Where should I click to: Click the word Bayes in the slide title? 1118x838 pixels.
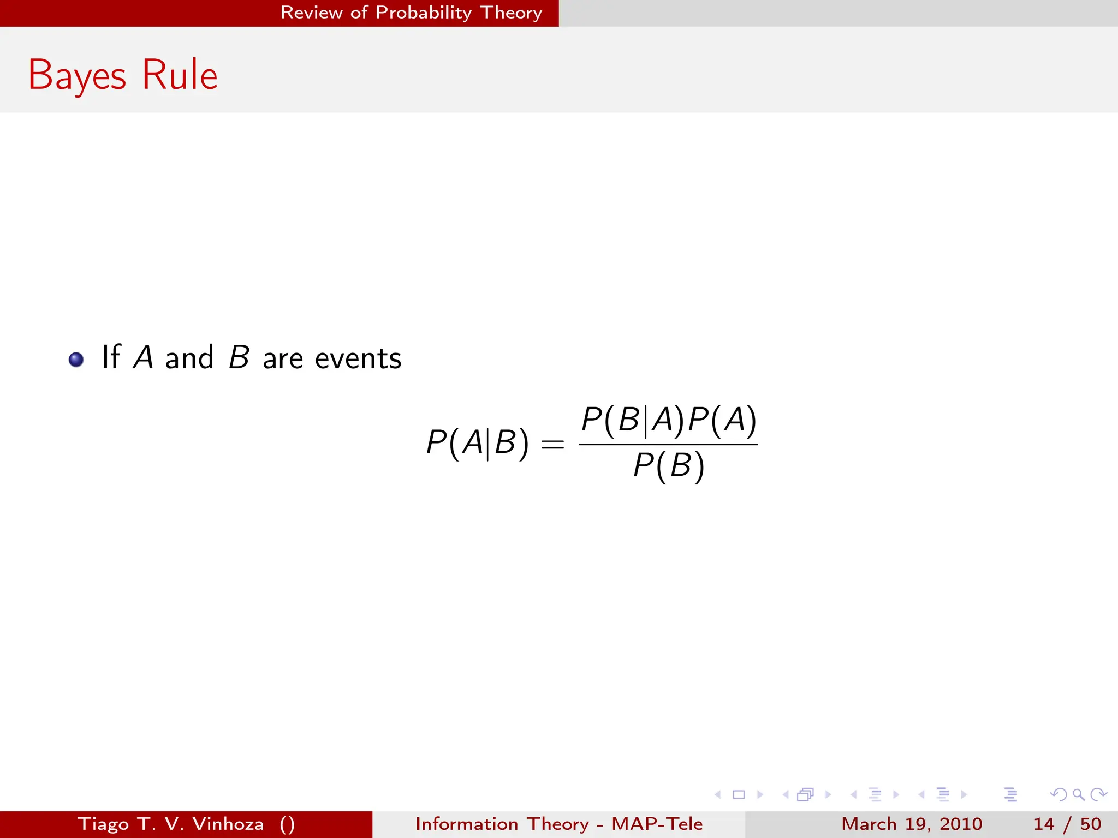[x=77, y=75]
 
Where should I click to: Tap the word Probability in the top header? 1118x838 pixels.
[x=424, y=13]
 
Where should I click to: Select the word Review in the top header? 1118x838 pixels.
[x=311, y=13]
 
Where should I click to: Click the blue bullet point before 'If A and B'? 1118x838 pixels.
[x=76, y=360]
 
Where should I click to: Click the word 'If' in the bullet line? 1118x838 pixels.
[x=111, y=357]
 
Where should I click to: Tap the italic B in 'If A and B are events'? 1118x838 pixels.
[x=239, y=357]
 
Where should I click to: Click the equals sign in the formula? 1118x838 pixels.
[x=552, y=444]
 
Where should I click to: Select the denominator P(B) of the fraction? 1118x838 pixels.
[x=669, y=466]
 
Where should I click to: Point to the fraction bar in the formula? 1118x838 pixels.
[x=668, y=444]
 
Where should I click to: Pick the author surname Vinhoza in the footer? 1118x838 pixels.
[x=228, y=824]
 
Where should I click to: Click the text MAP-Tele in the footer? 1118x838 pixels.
[x=657, y=824]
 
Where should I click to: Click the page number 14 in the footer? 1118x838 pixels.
[x=1044, y=824]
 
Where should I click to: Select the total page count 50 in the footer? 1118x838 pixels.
[x=1090, y=824]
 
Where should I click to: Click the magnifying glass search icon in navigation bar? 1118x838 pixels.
[x=1078, y=794]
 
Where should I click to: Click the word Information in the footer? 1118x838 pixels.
[x=467, y=824]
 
